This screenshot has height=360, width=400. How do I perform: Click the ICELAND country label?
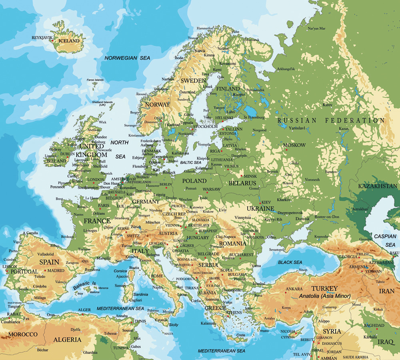coord(72,41)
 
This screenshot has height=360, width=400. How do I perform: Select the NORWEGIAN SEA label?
coord(127,58)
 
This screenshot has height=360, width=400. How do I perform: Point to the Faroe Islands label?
coord(95,80)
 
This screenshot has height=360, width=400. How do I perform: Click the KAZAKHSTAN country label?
coord(378,186)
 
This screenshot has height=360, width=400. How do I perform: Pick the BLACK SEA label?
coord(290,262)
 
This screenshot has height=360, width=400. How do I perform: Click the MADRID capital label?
coord(56,270)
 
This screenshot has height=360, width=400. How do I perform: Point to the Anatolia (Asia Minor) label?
coord(325,296)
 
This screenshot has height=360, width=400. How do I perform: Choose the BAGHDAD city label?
coord(374,325)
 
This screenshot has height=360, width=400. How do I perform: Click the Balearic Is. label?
coord(85,285)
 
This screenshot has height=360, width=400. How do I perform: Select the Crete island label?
coord(240,335)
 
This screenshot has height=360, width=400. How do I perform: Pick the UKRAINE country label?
coord(260,208)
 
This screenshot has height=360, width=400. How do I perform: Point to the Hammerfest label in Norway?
coord(205,28)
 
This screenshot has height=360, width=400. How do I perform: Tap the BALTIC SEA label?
coord(190,162)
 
